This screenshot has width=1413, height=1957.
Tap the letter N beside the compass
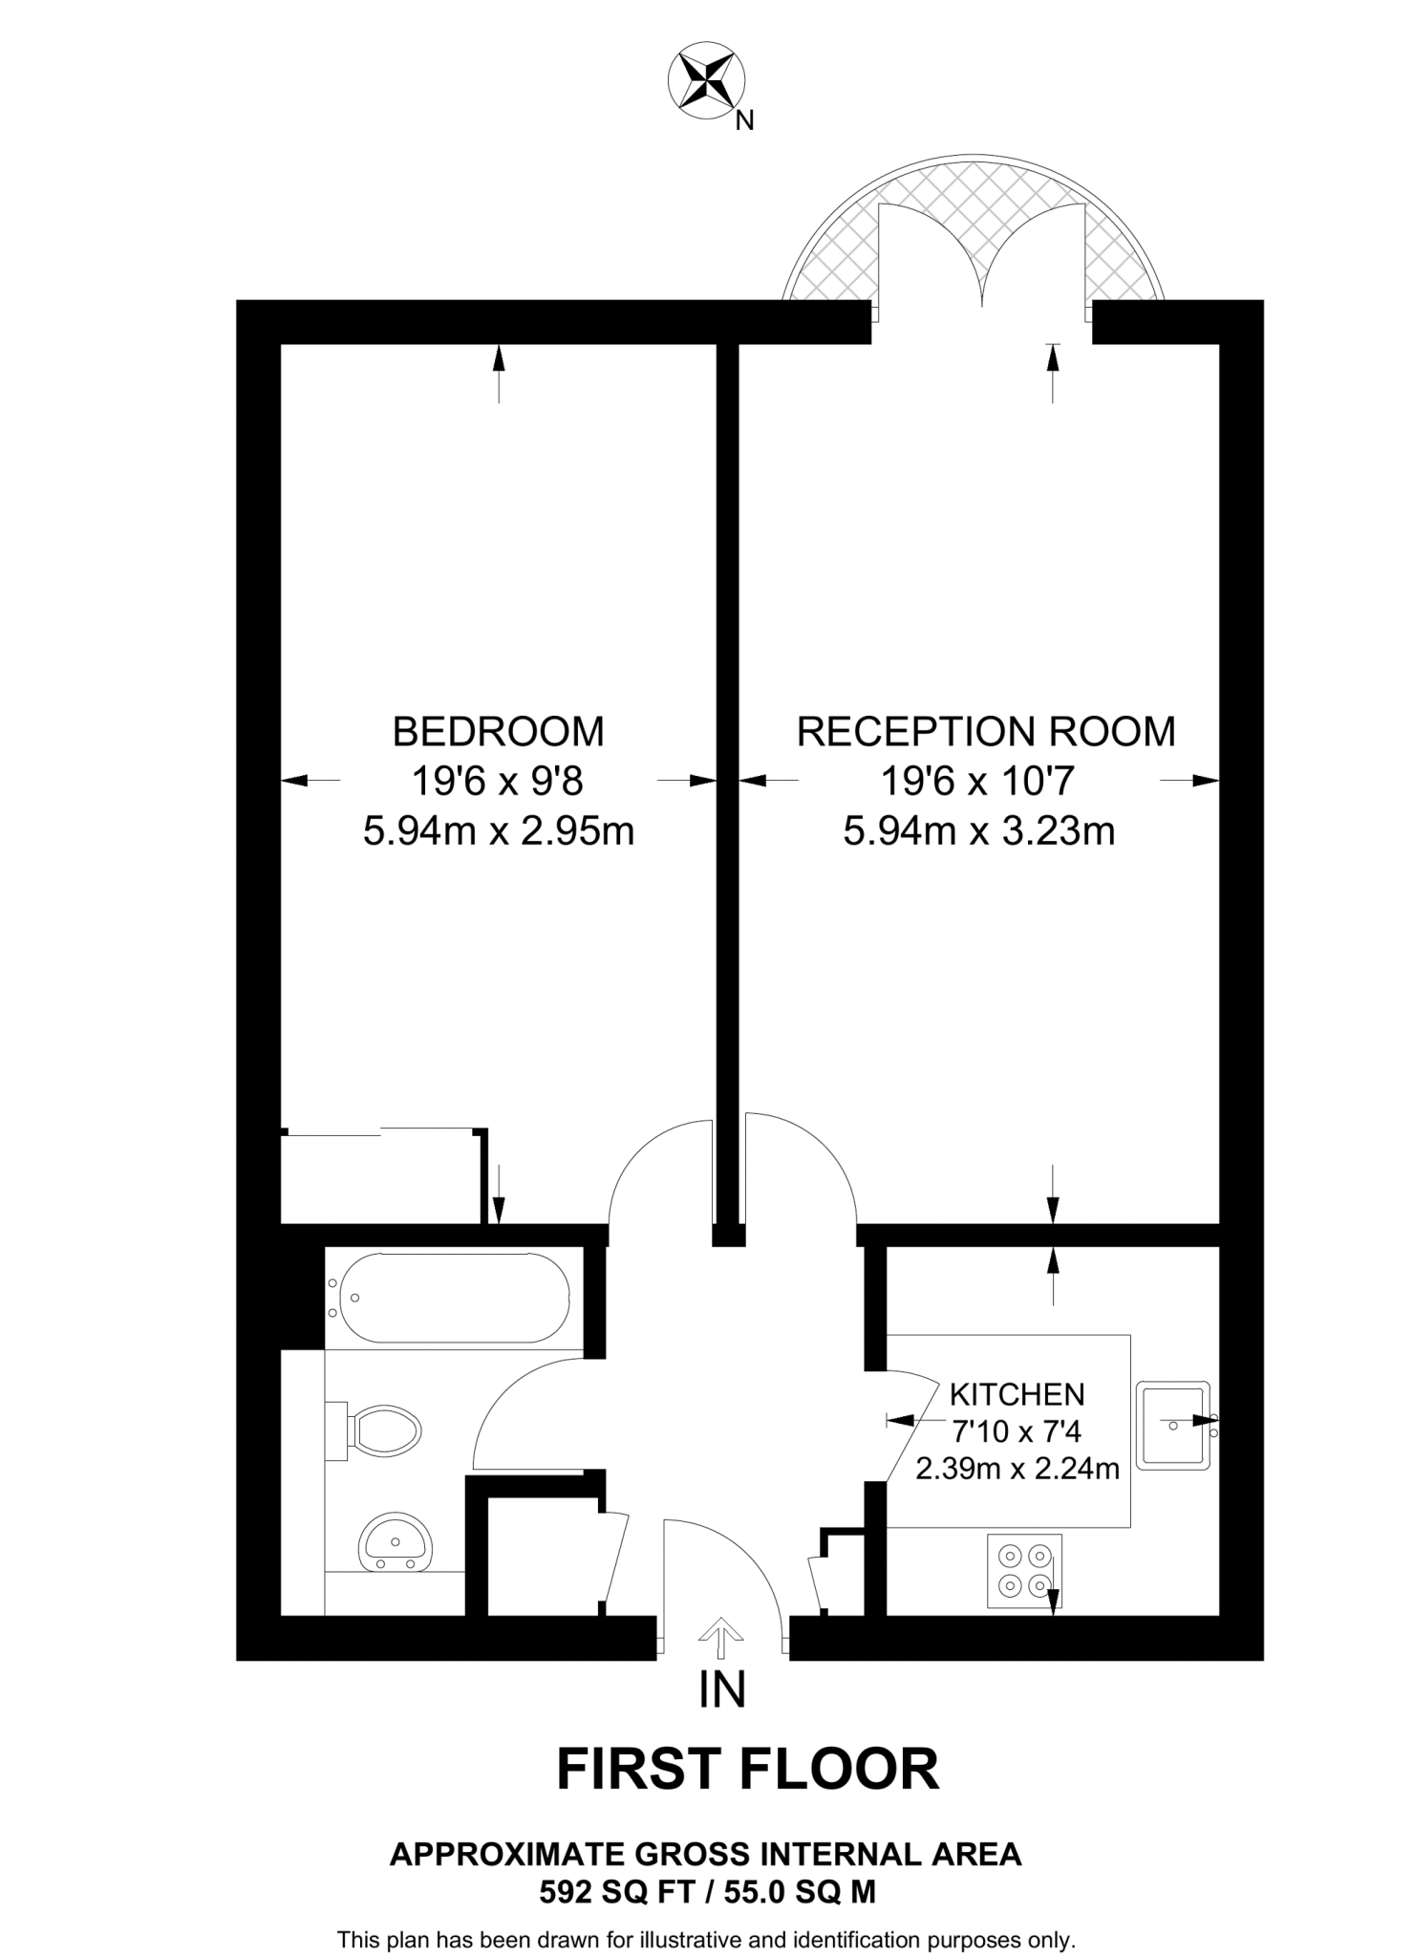click(745, 121)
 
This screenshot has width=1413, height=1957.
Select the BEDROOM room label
click(498, 731)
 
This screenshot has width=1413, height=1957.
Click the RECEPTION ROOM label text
click(986, 731)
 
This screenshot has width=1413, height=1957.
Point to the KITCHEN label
click(1017, 1394)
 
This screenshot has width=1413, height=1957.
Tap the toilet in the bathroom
click(383, 1431)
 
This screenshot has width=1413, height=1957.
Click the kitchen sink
click(1174, 1424)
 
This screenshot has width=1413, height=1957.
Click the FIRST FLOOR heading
click(748, 1770)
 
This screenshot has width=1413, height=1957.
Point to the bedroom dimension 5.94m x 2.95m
click(498, 831)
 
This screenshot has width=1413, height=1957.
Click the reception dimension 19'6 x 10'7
click(977, 782)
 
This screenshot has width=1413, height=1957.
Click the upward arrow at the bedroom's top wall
click(498, 373)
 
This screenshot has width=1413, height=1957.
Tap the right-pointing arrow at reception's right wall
click(1190, 781)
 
